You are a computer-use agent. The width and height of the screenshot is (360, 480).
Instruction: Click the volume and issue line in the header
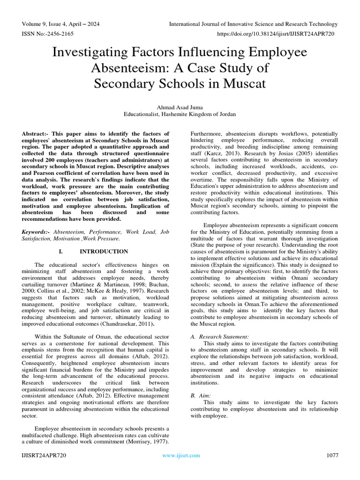60,24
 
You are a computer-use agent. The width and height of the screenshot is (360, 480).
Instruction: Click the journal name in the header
253,24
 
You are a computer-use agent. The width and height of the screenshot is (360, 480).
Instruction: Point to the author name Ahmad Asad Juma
180,107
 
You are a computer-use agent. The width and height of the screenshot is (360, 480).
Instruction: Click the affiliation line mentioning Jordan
180,114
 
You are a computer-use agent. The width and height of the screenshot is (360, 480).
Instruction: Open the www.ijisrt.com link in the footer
180,455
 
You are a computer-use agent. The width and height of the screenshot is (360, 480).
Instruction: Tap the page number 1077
331,455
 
